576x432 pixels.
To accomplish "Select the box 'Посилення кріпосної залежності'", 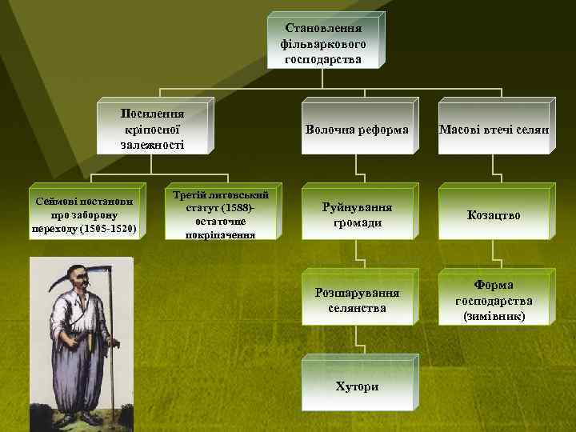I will (152, 125).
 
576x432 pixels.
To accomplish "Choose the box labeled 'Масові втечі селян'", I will (494, 129).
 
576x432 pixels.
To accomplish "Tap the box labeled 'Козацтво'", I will (494, 215).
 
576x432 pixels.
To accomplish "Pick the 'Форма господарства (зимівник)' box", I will (494, 300).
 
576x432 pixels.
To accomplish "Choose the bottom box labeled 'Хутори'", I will (357, 386).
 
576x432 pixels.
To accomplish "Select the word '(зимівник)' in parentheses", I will (494, 317).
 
